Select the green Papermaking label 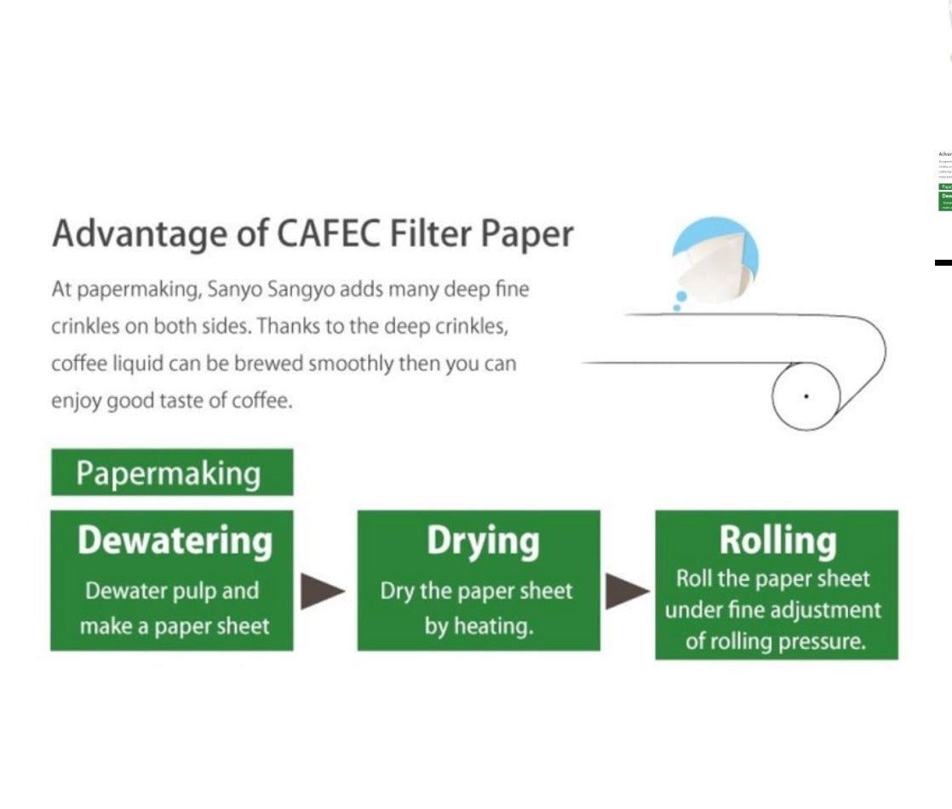coord(171,473)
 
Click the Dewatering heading coord(175,542)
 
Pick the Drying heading coord(482,542)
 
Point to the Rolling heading coord(777,540)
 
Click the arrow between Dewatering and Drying coord(323,591)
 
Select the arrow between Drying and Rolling coord(627,591)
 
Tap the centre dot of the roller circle coord(806,396)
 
